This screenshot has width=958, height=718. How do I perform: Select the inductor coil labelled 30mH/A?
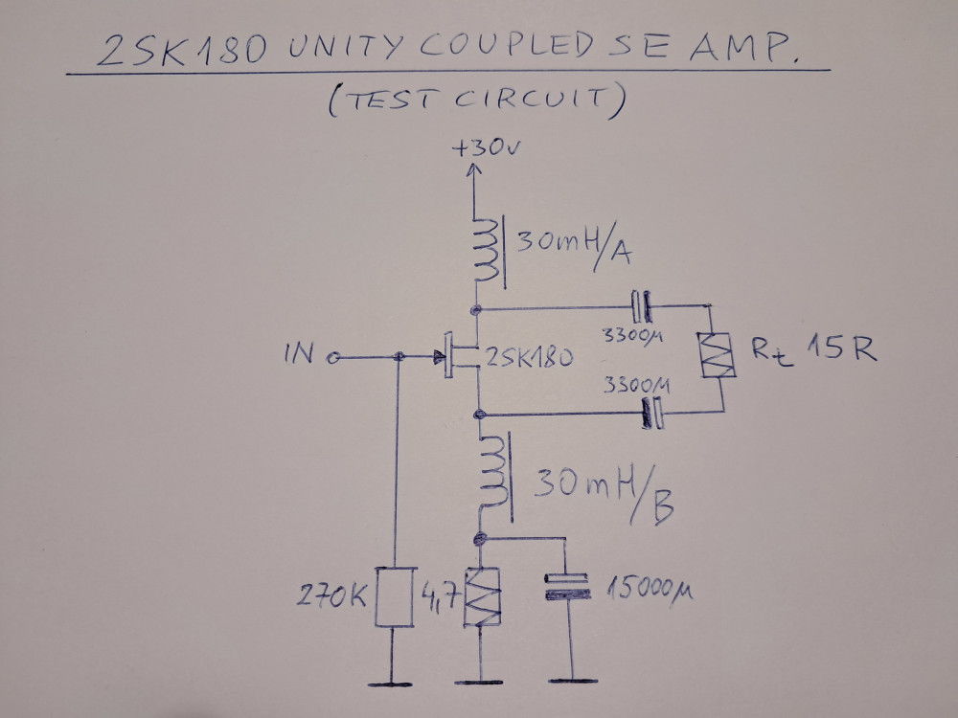pos(485,251)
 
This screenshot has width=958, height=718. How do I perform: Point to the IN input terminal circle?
pos(333,359)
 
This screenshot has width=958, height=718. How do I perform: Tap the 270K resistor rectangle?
pos(395,596)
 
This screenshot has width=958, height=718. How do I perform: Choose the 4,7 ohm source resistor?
pos(481,597)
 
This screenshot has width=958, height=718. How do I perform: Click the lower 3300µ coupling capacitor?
pos(652,414)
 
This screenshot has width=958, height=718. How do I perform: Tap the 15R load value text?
pos(843,349)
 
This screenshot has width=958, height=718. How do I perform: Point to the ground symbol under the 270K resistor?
pos(395,683)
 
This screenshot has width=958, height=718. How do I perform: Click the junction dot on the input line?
pos(399,359)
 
